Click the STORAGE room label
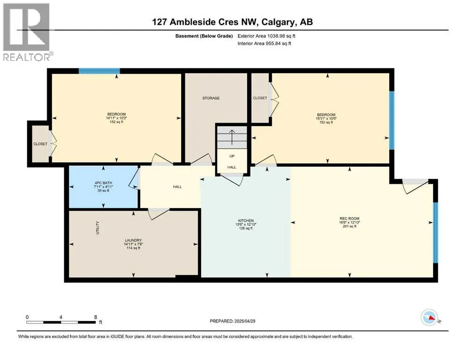point(211,98)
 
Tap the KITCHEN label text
point(246,220)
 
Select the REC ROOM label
point(350,218)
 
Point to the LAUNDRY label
point(133,240)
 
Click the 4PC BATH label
point(103,183)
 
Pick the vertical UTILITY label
point(97,228)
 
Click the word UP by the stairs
point(232,156)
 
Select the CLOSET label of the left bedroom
point(40,144)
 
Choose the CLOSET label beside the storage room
point(260,98)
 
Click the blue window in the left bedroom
point(99,71)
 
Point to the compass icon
point(429,317)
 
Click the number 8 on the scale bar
point(96,317)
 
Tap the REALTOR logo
point(27,32)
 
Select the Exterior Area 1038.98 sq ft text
point(266,36)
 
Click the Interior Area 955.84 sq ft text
point(264,43)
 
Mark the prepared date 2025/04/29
point(244,321)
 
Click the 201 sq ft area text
point(350,226)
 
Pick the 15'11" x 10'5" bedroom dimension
point(326,119)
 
